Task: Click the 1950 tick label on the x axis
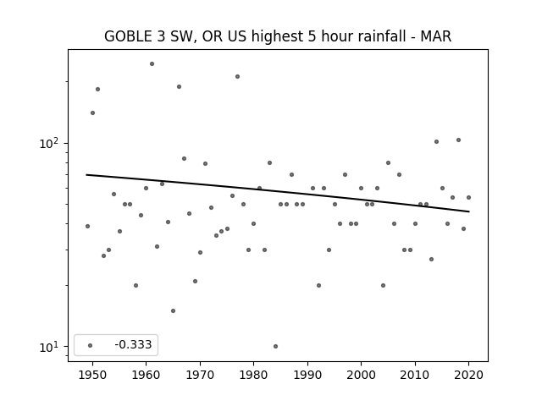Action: pos(92,375)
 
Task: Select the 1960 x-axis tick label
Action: pos(146,375)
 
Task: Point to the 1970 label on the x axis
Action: pos(200,375)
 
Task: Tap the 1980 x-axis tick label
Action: pos(253,375)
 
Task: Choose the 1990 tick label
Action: pos(307,375)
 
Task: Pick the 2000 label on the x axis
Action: pos(361,375)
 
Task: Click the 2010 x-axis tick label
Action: pos(415,375)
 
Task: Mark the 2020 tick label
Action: pos(468,375)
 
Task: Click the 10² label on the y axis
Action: pos(49,143)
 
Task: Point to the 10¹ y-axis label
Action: pos(49,347)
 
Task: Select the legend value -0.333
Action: pos(133,344)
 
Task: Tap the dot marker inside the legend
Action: pos(91,345)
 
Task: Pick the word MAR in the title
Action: pos(435,36)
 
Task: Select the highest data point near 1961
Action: pos(152,64)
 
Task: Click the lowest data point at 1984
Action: pos(275,346)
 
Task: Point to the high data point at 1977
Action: pos(237,77)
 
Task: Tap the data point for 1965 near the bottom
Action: pos(173,310)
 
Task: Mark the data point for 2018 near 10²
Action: pos(458,140)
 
